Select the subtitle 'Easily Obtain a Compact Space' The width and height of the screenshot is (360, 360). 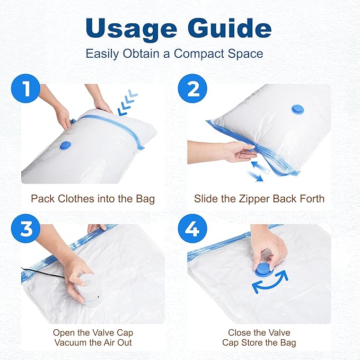(174, 54)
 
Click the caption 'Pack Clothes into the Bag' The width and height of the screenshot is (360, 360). (93, 199)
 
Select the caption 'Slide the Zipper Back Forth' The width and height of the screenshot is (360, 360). (259, 199)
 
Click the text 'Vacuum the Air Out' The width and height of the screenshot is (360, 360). (93, 342)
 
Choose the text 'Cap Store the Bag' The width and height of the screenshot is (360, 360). (259, 342)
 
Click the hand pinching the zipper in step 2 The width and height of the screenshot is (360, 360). (239, 152)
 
